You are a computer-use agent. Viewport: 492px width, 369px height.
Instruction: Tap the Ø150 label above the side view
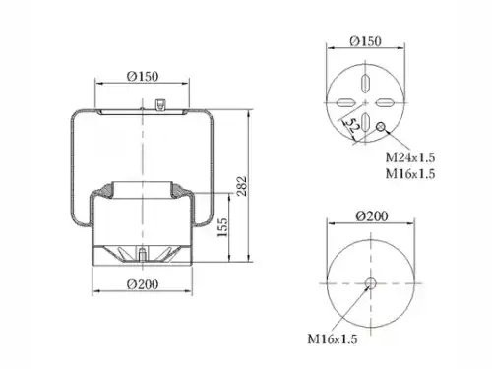pyautogui.click(x=142, y=76)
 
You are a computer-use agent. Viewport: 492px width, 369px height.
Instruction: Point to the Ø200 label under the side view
pyautogui.click(x=143, y=286)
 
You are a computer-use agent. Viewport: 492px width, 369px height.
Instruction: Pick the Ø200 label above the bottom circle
pyautogui.click(x=368, y=218)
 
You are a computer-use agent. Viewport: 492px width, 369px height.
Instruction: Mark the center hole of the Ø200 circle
pyautogui.click(x=370, y=284)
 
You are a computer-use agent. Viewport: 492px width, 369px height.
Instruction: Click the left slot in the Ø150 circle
pyautogui.click(x=343, y=103)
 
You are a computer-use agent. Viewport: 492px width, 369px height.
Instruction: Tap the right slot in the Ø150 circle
pyautogui.click(x=387, y=103)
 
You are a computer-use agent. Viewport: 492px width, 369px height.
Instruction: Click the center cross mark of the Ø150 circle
pyautogui.click(x=365, y=103)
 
